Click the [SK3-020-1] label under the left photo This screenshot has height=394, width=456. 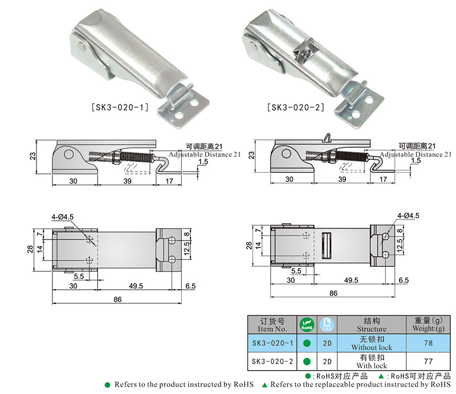pyautogui.click(x=120, y=107)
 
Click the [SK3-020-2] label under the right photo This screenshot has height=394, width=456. pyautogui.click(x=294, y=107)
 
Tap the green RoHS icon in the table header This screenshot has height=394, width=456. pyautogui.click(x=307, y=325)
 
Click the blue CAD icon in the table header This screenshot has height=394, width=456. pyautogui.click(x=327, y=325)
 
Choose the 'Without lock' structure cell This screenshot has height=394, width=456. pyautogui.click(x=372, y=343)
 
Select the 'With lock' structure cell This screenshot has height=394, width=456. pyautogui.click(x=372, y=361)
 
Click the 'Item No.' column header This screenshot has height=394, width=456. pyautogui.click(x=272, y=325)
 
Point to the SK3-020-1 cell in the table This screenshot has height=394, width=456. pyautogui.click(x=272, y=343)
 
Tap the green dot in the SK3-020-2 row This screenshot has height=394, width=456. pyautogui.click(x=307, y=361)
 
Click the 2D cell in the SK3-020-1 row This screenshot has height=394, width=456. pyautogui.click(x=327, y=343)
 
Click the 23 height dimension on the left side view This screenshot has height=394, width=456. pyautogui.click(x=34, y=155)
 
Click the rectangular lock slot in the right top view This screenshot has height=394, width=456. pyautogui.click(x=327, y=246)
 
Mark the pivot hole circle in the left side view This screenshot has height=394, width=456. pyautogui.click(x=68, y=154)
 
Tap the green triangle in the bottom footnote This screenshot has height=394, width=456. pyautogui.click(x=265, y=385)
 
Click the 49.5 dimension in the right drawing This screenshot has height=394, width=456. pyautogui.click(x=351, y=280)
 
